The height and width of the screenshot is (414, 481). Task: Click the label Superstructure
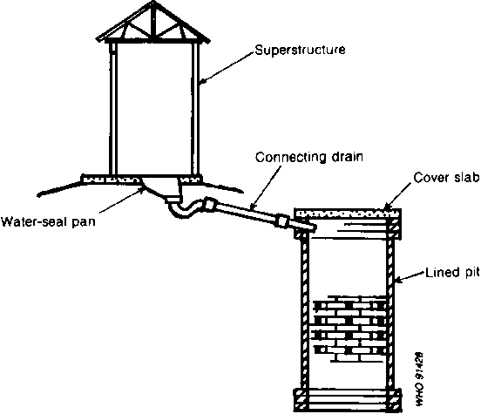point(301,50)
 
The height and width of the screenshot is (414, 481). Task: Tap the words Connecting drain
point(309,157)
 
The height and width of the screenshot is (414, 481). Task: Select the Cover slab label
point(446,178)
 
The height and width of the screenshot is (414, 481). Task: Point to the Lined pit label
point(452,273)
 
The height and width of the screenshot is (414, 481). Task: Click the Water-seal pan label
point(48,221)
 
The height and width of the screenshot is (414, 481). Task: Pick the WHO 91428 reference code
point(419,379)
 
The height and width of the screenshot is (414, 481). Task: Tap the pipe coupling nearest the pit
point(282,221)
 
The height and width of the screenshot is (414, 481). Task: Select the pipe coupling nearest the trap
point(209,205)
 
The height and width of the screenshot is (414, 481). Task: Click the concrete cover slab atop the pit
point(348,213)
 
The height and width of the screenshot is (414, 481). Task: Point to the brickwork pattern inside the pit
point(349,329)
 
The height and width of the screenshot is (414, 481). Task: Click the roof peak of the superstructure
point(152,3)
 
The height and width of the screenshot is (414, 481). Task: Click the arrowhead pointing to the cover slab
point(389,206)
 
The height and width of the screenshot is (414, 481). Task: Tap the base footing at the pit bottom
point(348,400)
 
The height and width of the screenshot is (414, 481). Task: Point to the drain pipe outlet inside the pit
point(309,227)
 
